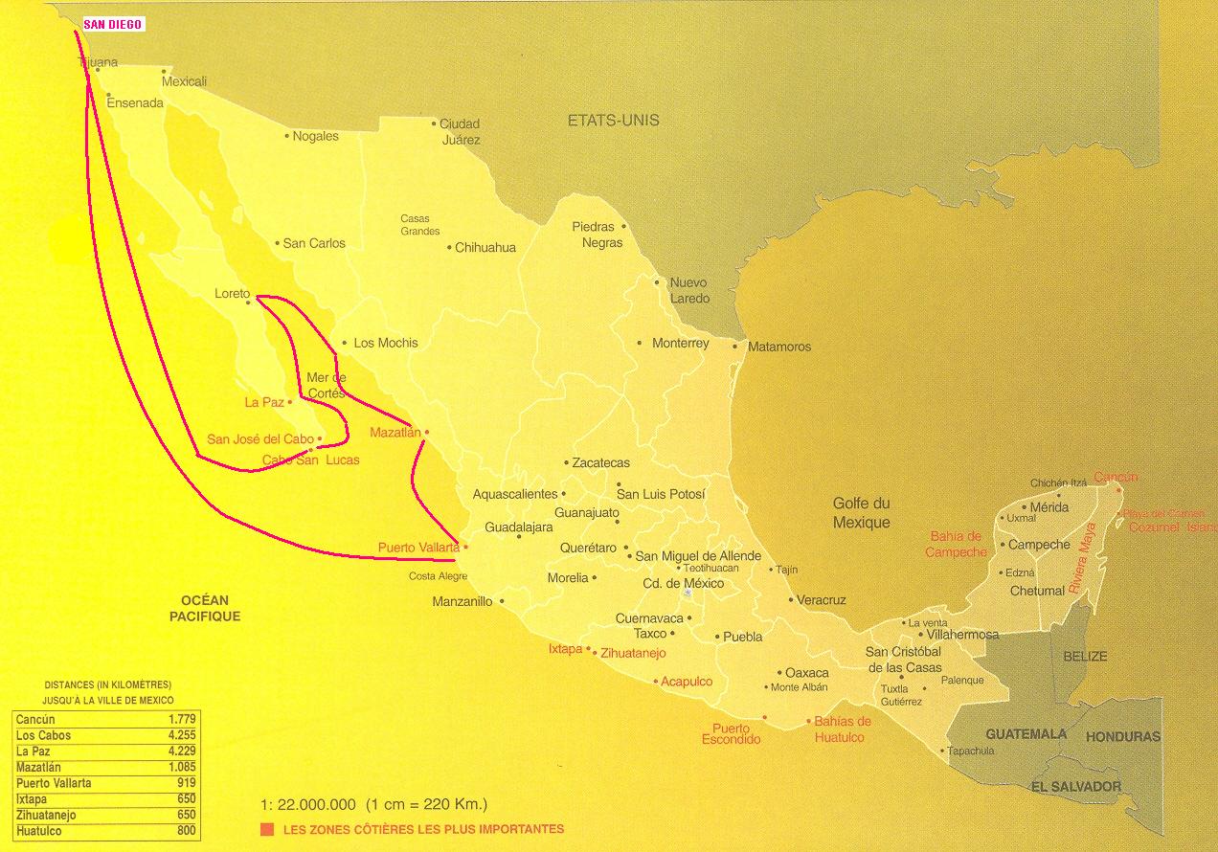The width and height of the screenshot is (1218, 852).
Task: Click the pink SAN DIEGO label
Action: pos(113,25)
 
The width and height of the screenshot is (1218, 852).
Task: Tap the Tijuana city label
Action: pos(99,63)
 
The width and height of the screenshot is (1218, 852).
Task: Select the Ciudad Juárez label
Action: pos(461,131)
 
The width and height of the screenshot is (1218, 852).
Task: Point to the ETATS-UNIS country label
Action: pos(613,121)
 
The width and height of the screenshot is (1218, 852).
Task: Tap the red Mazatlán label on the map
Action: pos(395,433)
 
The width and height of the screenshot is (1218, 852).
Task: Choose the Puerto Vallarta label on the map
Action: pos(418,548)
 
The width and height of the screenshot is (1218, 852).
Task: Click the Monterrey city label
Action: pos(680,343)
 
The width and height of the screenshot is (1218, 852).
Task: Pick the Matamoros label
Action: pos(778,347)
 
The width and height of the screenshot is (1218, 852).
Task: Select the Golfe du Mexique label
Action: pos(861,513)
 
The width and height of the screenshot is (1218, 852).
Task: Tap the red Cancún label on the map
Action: pos(1116,477)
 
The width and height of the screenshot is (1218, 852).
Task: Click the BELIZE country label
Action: pos(1085,657)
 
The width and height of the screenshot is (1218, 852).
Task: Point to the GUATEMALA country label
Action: pos(1026,734)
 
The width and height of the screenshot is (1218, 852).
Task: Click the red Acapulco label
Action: pos(687,682)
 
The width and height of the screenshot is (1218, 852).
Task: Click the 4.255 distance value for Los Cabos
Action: pos(181,735)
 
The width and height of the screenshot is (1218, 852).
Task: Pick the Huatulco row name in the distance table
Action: pos(39,831)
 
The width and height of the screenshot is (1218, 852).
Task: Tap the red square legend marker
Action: pos(263,829)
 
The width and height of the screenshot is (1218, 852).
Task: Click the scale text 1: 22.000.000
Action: pos(308,804)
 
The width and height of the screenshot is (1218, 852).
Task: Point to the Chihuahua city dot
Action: pos(449,248)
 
